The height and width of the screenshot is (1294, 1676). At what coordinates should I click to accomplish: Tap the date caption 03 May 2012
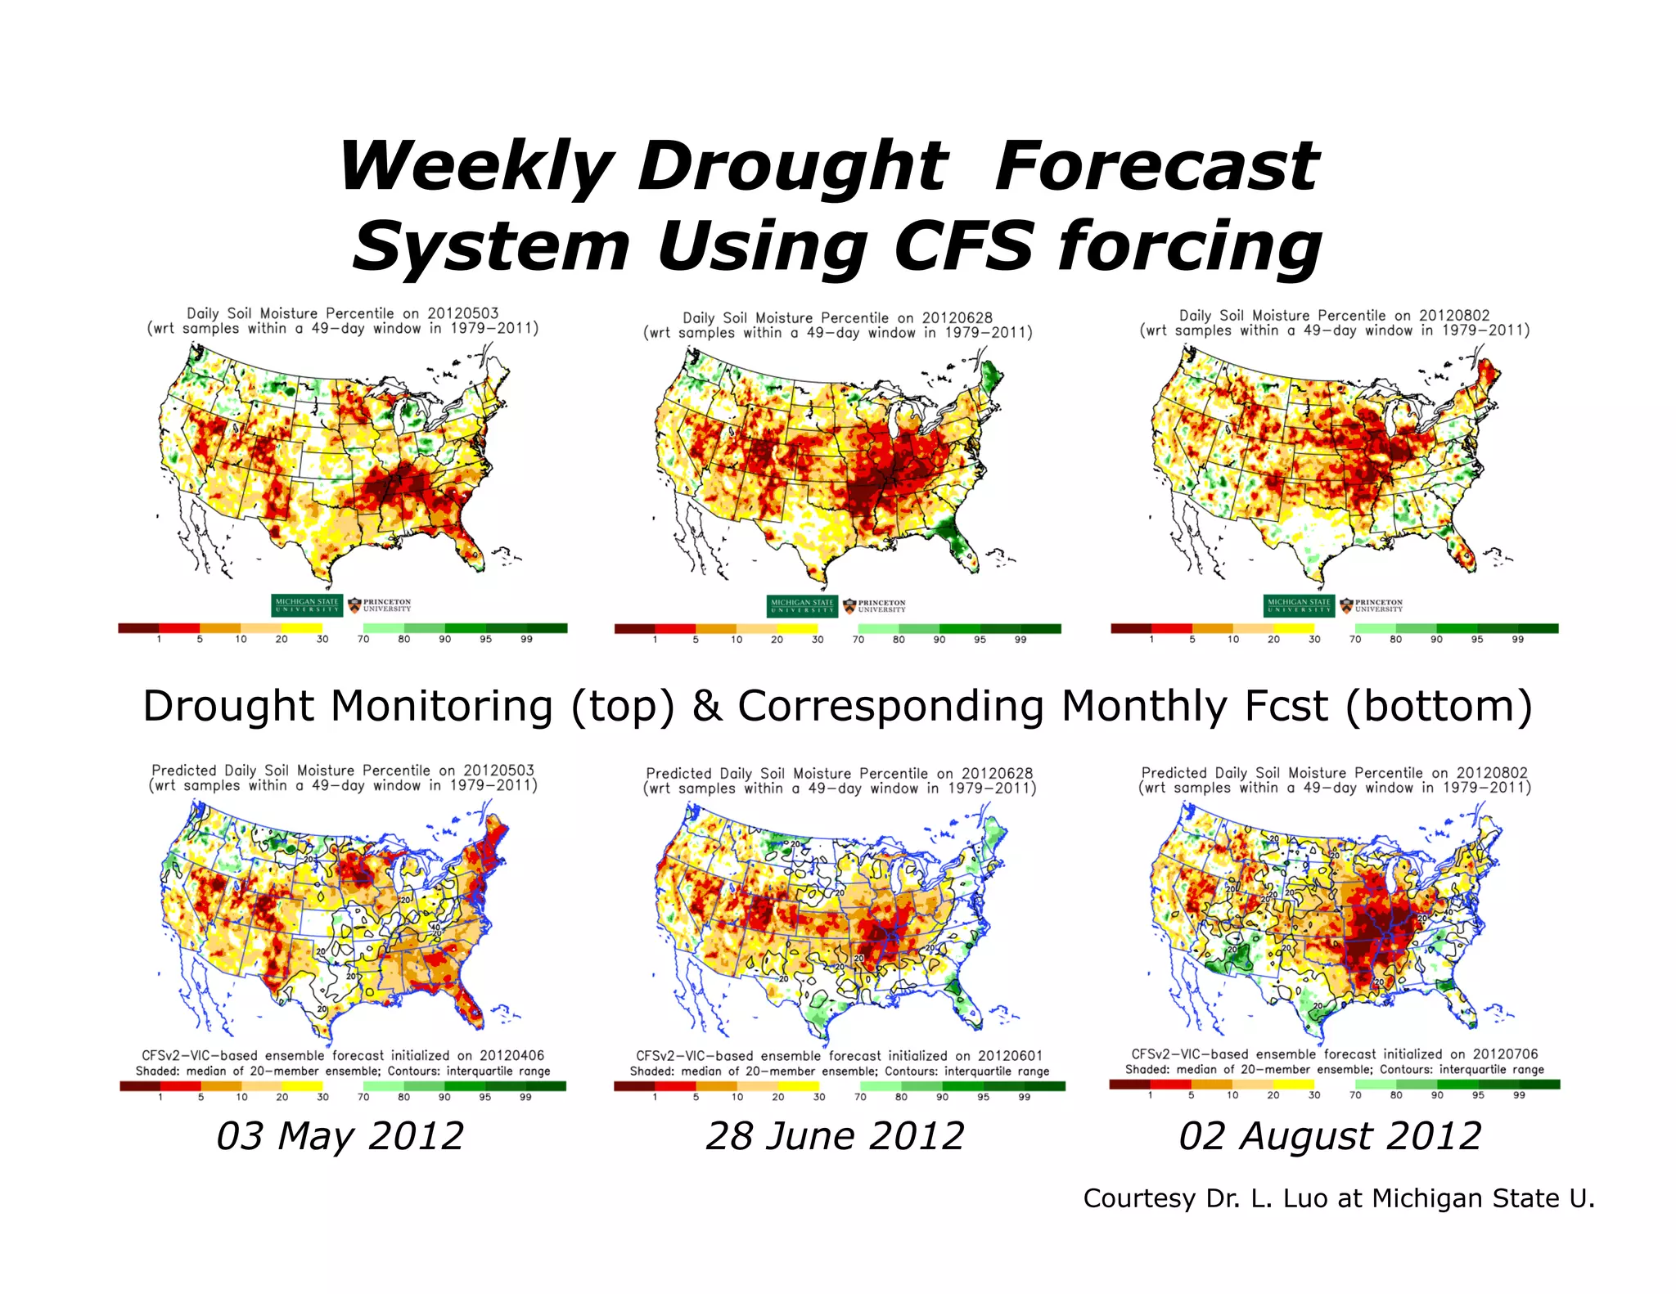[340, 1136]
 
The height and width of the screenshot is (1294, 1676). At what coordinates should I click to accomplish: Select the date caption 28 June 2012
[835, 1136]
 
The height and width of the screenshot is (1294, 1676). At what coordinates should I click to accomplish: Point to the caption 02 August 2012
[1330, 1136]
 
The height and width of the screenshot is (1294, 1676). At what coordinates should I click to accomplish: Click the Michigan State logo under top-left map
[307, 605]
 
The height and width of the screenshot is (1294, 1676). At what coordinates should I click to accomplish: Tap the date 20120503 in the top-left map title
[462, 313]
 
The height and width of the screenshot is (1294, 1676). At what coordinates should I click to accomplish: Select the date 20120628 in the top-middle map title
[957, 317]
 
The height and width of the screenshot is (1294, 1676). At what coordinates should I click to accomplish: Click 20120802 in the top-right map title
[1453, 315]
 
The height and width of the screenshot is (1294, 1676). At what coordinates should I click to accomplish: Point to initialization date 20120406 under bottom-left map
[511, 1056]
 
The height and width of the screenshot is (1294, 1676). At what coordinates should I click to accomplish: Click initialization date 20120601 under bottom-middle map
[1010, 1056]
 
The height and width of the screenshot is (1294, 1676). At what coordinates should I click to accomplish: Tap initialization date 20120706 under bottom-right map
[1505, 1054]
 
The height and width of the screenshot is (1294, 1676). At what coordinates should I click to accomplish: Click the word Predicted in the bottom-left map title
[184, 771]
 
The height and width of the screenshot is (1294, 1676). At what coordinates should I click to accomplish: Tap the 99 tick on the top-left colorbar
[526, 640]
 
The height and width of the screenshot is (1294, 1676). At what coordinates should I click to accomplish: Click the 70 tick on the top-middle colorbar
[858, 640]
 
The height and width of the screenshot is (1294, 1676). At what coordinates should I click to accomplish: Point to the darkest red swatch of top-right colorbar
[1130, 628]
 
